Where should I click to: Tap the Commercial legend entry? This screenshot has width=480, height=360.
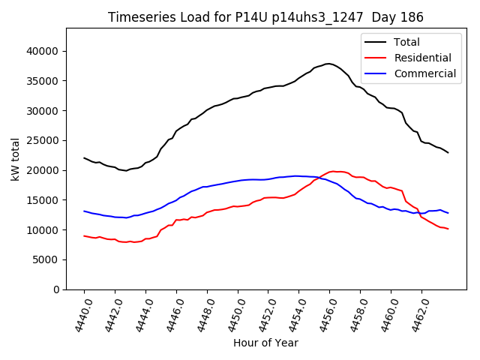(424, 73)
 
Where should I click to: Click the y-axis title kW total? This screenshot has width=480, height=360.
(16, 159)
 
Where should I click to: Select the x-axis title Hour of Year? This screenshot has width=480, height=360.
(265, 343)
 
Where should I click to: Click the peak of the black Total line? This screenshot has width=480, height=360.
(328, 64)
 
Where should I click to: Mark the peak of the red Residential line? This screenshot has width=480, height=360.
(334, 171)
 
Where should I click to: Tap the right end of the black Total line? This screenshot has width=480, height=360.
(448, 153)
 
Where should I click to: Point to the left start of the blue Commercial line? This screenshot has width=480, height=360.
(84, 211)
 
